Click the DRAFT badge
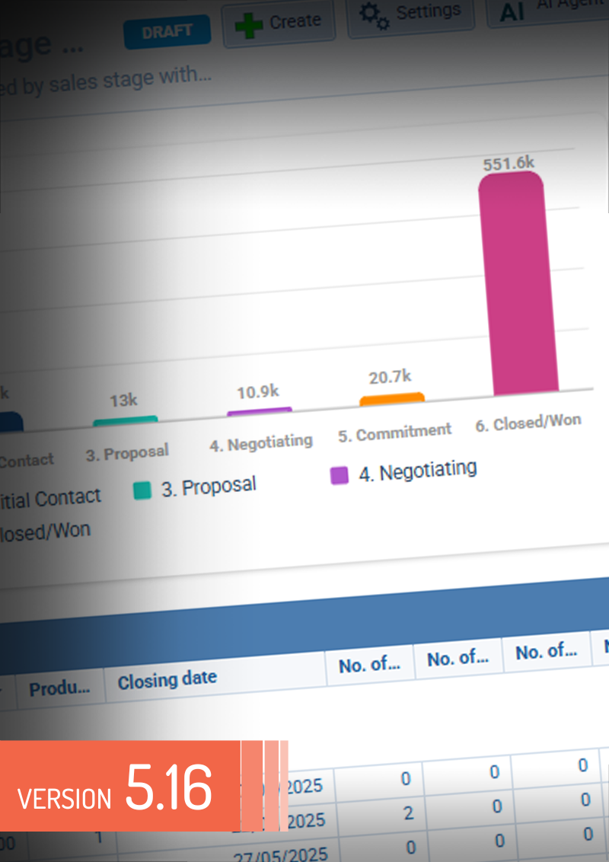point(167,33)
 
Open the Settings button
point(410,14)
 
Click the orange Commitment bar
point(392,399)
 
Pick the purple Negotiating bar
point(260,412)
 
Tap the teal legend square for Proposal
point(142,490)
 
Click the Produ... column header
point(59,689)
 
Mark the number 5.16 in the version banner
point(168,787)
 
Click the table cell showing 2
point(408,814)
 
